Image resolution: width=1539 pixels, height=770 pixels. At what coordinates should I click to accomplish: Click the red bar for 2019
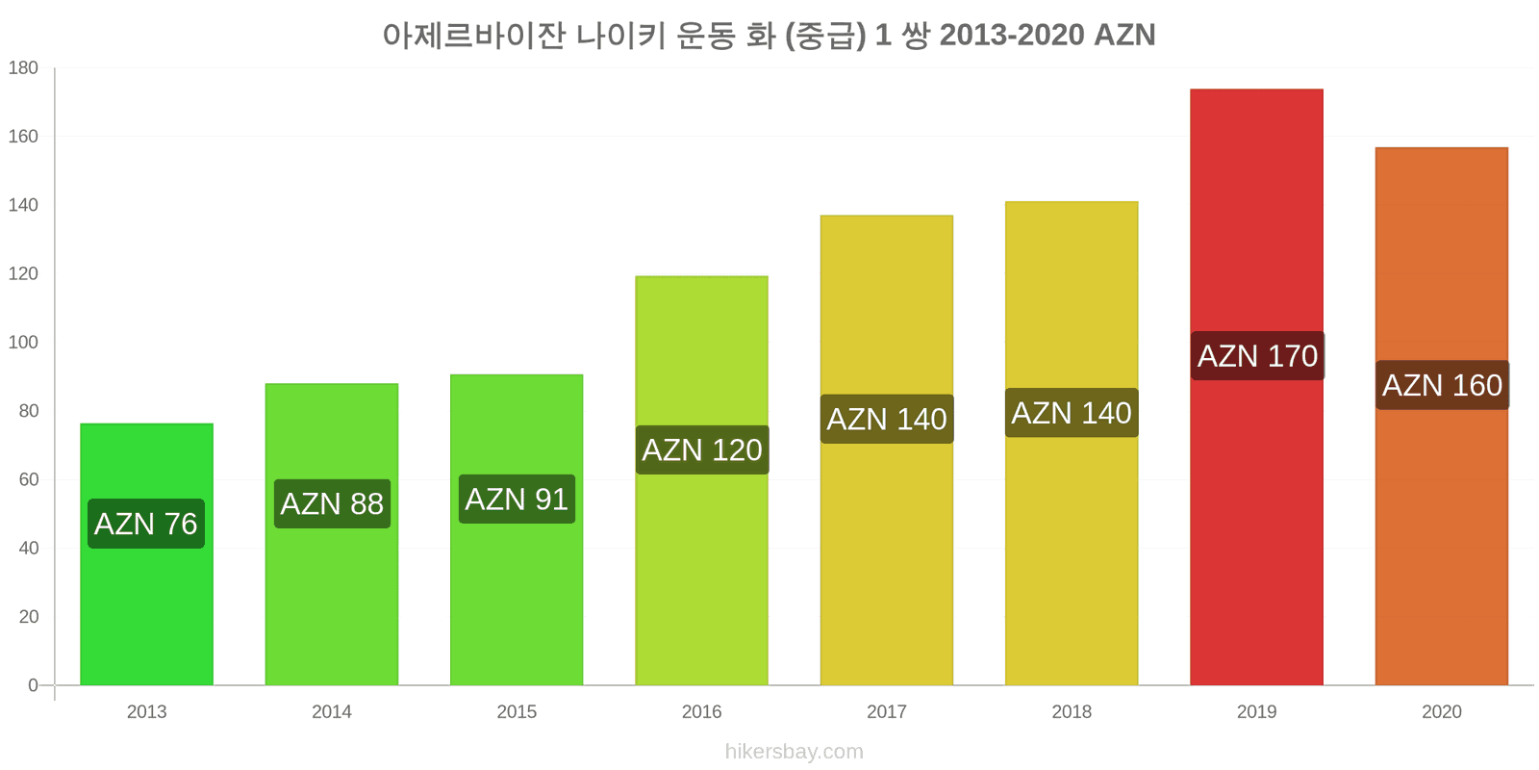1256,387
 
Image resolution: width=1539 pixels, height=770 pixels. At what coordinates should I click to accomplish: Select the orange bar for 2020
1442,417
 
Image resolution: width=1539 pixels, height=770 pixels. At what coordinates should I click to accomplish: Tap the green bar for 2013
146,554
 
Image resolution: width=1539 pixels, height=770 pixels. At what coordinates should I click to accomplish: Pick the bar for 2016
701,480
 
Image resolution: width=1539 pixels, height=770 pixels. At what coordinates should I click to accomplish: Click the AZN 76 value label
146,524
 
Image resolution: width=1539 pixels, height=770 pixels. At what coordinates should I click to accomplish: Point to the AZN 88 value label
332,504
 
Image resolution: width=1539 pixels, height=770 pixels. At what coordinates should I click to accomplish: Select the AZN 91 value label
517,500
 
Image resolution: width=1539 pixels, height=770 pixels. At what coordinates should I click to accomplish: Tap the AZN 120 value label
702,450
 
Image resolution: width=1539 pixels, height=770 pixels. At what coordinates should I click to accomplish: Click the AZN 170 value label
1257,356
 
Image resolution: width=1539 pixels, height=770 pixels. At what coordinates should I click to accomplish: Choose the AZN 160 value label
1442,385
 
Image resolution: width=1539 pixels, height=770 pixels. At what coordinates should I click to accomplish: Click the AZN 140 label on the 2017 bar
887,420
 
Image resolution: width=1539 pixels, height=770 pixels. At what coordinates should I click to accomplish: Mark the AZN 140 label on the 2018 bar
1072,413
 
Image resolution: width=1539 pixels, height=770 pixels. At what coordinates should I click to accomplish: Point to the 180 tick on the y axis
23,68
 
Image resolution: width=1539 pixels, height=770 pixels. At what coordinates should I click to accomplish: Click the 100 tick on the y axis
23,343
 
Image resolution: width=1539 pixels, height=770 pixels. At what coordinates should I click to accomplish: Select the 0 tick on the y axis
33,685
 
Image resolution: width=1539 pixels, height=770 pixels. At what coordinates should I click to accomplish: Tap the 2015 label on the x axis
517,711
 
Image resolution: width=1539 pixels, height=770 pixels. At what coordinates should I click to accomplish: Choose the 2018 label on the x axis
1072,711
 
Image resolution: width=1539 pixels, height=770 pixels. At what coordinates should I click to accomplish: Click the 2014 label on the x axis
332,711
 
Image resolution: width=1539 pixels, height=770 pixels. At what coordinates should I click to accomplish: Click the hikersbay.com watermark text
795,752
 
